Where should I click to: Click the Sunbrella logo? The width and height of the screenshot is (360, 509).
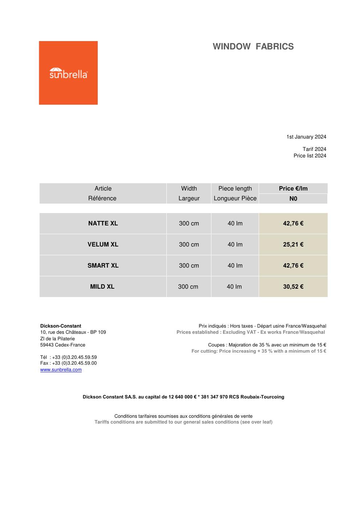point(68,73)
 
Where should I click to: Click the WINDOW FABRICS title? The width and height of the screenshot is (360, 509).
point(253,47)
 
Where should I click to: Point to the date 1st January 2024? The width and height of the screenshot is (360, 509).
point(306,137)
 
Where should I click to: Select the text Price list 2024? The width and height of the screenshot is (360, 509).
point(310,156)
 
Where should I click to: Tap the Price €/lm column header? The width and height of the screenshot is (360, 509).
point(293,188)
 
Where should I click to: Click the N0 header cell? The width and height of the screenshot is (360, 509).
point(293,199)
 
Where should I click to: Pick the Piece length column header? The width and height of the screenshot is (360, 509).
point(235,188)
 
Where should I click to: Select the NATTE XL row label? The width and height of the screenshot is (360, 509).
point(103,223)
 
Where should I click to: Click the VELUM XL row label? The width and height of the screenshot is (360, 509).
point(103,244)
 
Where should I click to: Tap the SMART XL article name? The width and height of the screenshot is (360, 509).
point(103,265)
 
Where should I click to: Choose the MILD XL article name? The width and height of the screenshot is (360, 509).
point(102,286)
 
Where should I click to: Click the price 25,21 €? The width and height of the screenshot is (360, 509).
point(293,244)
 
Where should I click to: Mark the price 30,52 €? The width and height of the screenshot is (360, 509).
point(293,286)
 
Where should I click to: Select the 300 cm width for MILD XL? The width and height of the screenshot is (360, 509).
point(188,286)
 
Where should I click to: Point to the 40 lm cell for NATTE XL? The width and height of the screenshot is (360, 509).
point(235,223)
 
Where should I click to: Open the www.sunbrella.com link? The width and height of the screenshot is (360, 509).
point(61,370)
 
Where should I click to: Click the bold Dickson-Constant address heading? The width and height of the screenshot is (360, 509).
point(61,326)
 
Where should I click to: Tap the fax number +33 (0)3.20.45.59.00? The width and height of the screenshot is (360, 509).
point(74,363)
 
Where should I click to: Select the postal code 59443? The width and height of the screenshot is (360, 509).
point(47,345)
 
